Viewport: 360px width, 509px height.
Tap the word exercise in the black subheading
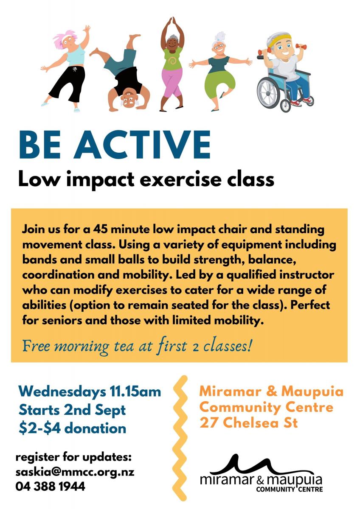coord(180,179)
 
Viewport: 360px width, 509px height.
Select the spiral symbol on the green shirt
coord(172,60)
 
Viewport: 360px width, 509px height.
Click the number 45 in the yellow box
coord(100,229)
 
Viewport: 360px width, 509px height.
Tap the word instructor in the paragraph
coord(307,275)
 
